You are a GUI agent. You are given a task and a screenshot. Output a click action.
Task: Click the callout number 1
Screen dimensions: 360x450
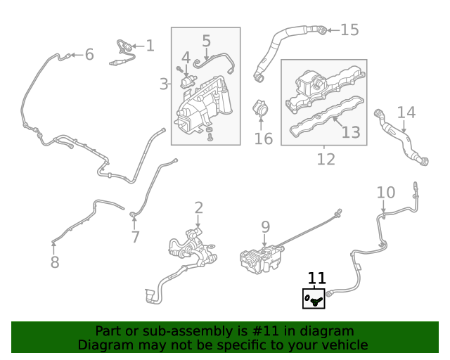pos(150,46)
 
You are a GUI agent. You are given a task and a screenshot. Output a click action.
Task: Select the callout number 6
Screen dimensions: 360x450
pos(89,54)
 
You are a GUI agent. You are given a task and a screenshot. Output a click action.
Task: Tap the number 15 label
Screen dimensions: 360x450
pos(349,30)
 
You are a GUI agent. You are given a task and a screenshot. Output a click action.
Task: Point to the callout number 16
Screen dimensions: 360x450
pos(263,139)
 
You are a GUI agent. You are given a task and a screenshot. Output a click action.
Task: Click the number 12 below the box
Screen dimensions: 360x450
pos(326,160)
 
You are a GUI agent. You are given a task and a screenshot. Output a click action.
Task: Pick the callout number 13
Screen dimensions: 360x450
pos(350,131)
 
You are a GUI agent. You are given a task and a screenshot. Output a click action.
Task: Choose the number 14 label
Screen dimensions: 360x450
pos(406,112)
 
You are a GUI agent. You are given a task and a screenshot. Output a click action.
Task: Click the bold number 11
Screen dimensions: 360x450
pos(317,278)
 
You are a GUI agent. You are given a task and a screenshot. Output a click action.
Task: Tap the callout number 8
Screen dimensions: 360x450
pos(55,262)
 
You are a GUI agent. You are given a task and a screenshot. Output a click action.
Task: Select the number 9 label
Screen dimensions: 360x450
pos(265,226)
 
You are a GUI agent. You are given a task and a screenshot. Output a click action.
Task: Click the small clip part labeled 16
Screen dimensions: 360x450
pos(261,110)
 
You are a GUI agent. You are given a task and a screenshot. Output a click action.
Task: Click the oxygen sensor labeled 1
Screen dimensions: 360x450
pos(124,53)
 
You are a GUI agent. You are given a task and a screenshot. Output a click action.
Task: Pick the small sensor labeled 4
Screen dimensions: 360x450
pos(188,81)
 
